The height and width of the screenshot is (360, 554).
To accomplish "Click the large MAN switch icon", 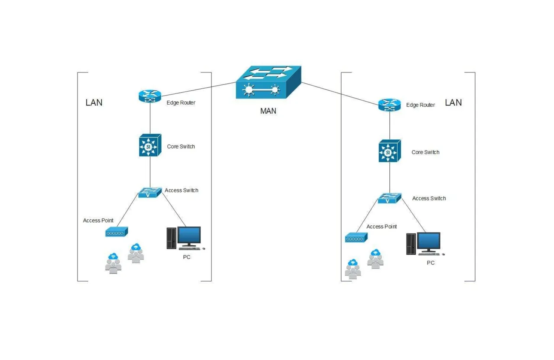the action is coord(269,82).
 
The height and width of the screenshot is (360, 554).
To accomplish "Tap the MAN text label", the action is coord(268,111).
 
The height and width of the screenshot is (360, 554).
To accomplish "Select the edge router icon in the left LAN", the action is coord(150,96).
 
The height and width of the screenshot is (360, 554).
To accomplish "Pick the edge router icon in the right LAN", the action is coord(390,105).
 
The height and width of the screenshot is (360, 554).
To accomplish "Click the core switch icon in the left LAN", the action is coord(150,145).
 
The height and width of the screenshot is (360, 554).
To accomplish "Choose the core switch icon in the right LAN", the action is coord(390,151).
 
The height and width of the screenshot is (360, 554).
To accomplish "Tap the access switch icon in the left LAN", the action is coord(150,193).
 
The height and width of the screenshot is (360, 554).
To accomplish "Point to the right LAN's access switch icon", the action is coord(390,198).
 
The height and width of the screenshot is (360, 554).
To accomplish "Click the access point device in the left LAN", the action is coord(117,232).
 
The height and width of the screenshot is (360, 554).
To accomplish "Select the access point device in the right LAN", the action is coord(356,238).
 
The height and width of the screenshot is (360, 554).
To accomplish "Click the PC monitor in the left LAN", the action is coord(189,237).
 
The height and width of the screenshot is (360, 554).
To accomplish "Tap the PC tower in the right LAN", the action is coord(411,244).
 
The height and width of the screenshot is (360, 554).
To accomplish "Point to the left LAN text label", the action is coord(94,103).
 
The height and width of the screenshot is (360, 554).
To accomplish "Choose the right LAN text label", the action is coord(453,103).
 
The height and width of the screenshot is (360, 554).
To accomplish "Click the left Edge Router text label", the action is coord(181,103).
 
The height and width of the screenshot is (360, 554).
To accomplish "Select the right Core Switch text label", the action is coord(425,152).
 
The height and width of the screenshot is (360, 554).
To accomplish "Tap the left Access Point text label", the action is coord(98,221).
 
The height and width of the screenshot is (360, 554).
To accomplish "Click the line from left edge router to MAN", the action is coord(199,89).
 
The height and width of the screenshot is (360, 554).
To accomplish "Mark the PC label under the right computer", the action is coord(431,263).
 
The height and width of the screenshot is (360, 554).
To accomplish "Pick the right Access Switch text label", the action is coord(429,199).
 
